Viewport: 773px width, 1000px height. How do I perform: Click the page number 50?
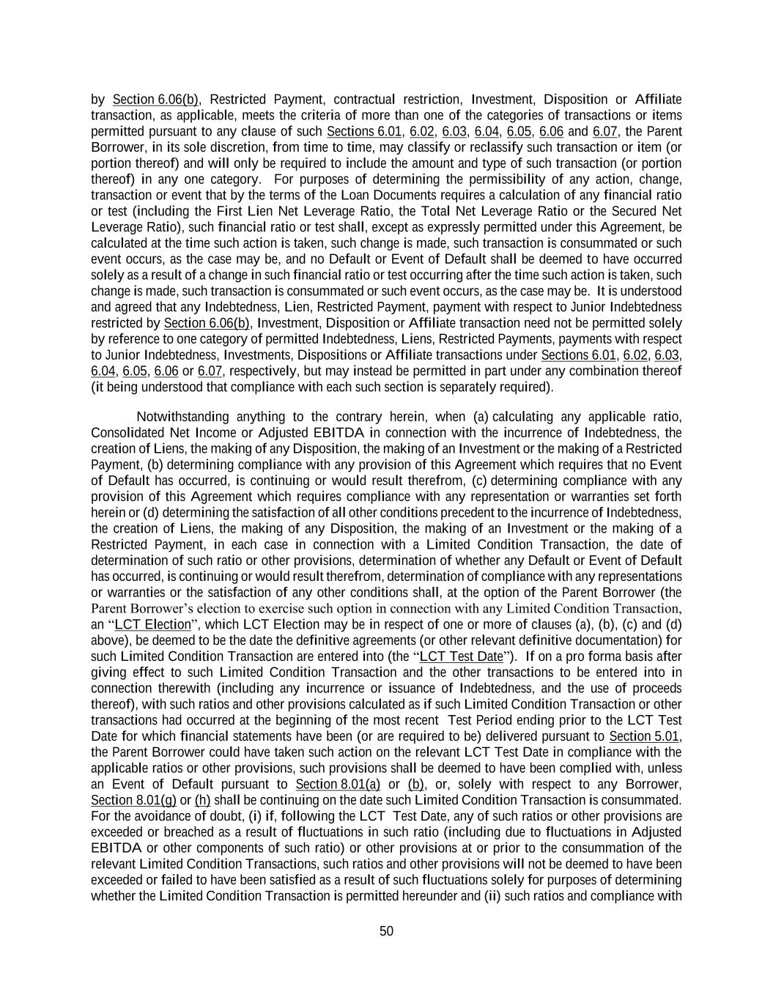[x=386, y=931]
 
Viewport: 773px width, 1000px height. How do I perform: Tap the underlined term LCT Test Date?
[x=461, y=656]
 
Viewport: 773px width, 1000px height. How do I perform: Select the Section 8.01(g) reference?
[x=133, y=800]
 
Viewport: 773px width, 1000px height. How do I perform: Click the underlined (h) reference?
[x=202, y=800]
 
